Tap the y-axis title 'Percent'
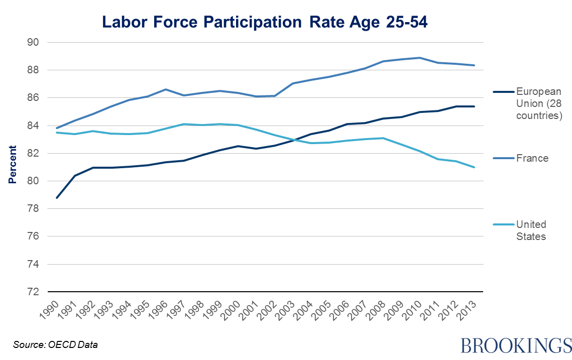coord(13,165)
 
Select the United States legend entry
coord(531,230)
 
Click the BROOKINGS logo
coord(516,345)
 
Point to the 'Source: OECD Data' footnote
coord(55,345)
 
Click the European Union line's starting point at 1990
coord(56,198)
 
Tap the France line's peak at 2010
coord(420,58)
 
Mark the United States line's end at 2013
coord(474,167)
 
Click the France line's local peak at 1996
coord(165,89)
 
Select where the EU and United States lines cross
coord(293,140)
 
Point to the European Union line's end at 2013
coord(474,106)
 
